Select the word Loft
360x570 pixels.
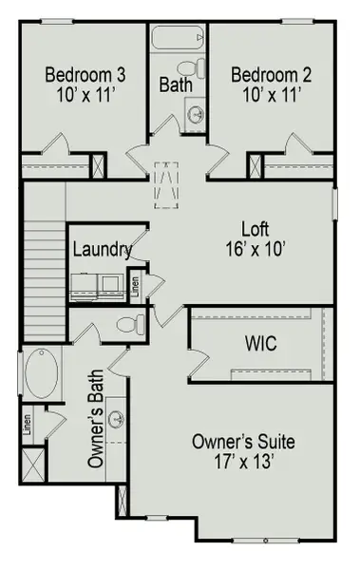click(255, 229)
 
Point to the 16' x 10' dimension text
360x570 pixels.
click(255, 247)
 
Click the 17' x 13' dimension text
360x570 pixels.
click(243, 462)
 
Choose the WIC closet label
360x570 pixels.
click(260, 343)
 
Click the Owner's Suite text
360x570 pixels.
click(243, 442)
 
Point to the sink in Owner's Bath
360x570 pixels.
click(117, 419)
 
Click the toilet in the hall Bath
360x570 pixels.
click(194, 69)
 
